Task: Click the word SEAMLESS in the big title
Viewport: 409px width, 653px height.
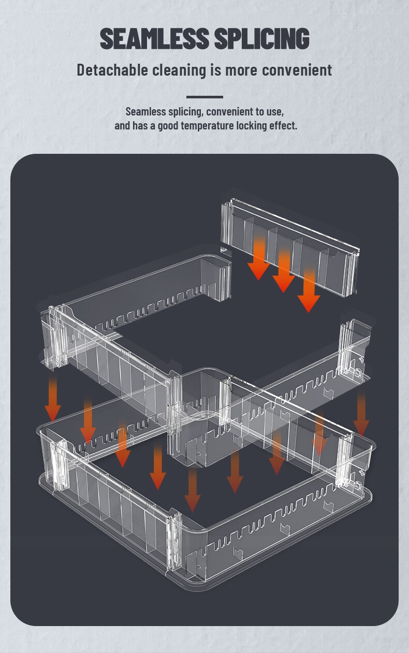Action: tap(155, 38)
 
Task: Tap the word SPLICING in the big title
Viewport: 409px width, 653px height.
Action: tap(262, 38)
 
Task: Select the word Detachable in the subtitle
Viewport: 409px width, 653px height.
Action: tap(112, 70)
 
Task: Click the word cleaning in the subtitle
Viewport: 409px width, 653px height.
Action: tap(179, 70)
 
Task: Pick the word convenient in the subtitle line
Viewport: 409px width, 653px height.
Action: tap(297, 70)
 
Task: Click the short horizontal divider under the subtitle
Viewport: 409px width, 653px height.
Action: tap(204, 97)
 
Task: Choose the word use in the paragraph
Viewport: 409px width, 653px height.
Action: tap(276, 112)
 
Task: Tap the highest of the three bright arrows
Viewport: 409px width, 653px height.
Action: tap(258, 258)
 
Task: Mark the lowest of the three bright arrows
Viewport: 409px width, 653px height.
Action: tap(309, 290)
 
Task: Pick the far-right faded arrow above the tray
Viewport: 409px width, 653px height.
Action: tap(361, 414)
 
